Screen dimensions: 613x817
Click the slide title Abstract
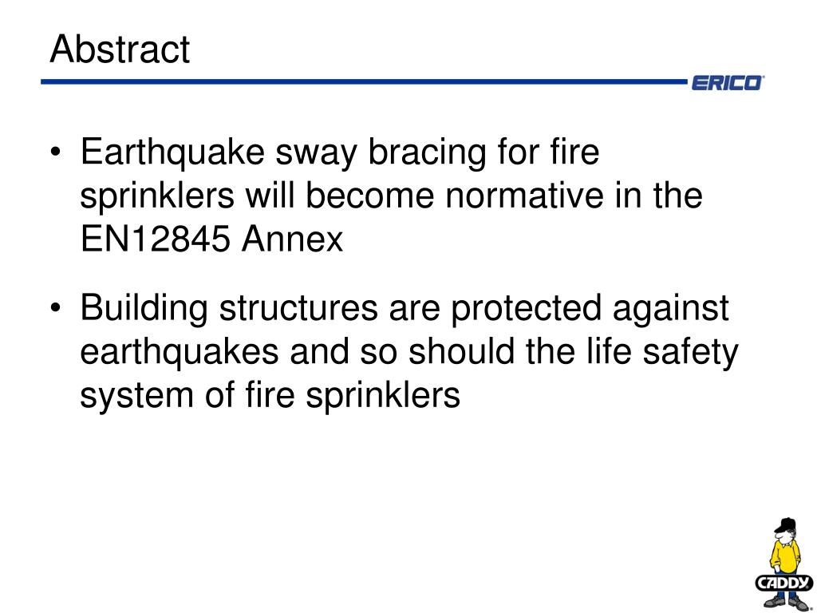pyautogui.click(x=120, y=50)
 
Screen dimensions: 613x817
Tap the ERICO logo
pyautogui.click(x=727, y=83)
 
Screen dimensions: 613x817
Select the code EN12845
pyautogui.click(x=156, y=239)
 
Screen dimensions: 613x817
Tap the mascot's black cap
pyautogui.click(x=786, y=524)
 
